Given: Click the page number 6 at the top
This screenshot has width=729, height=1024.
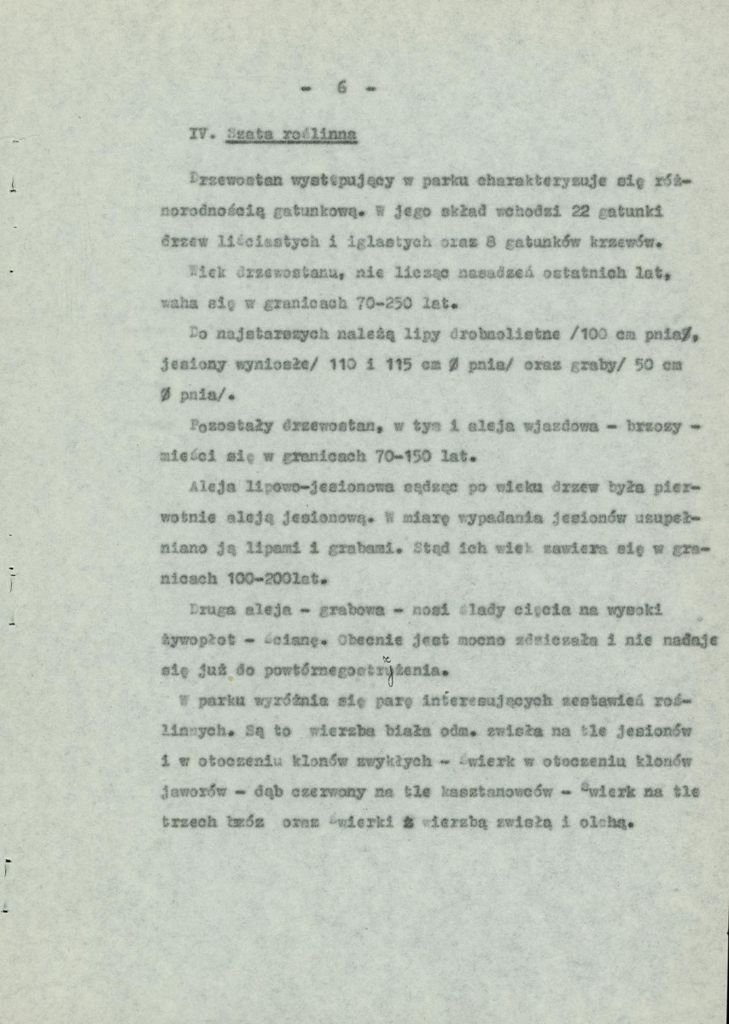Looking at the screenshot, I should pos(341,87).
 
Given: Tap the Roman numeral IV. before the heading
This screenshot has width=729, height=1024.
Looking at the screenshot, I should pos(201,133).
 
